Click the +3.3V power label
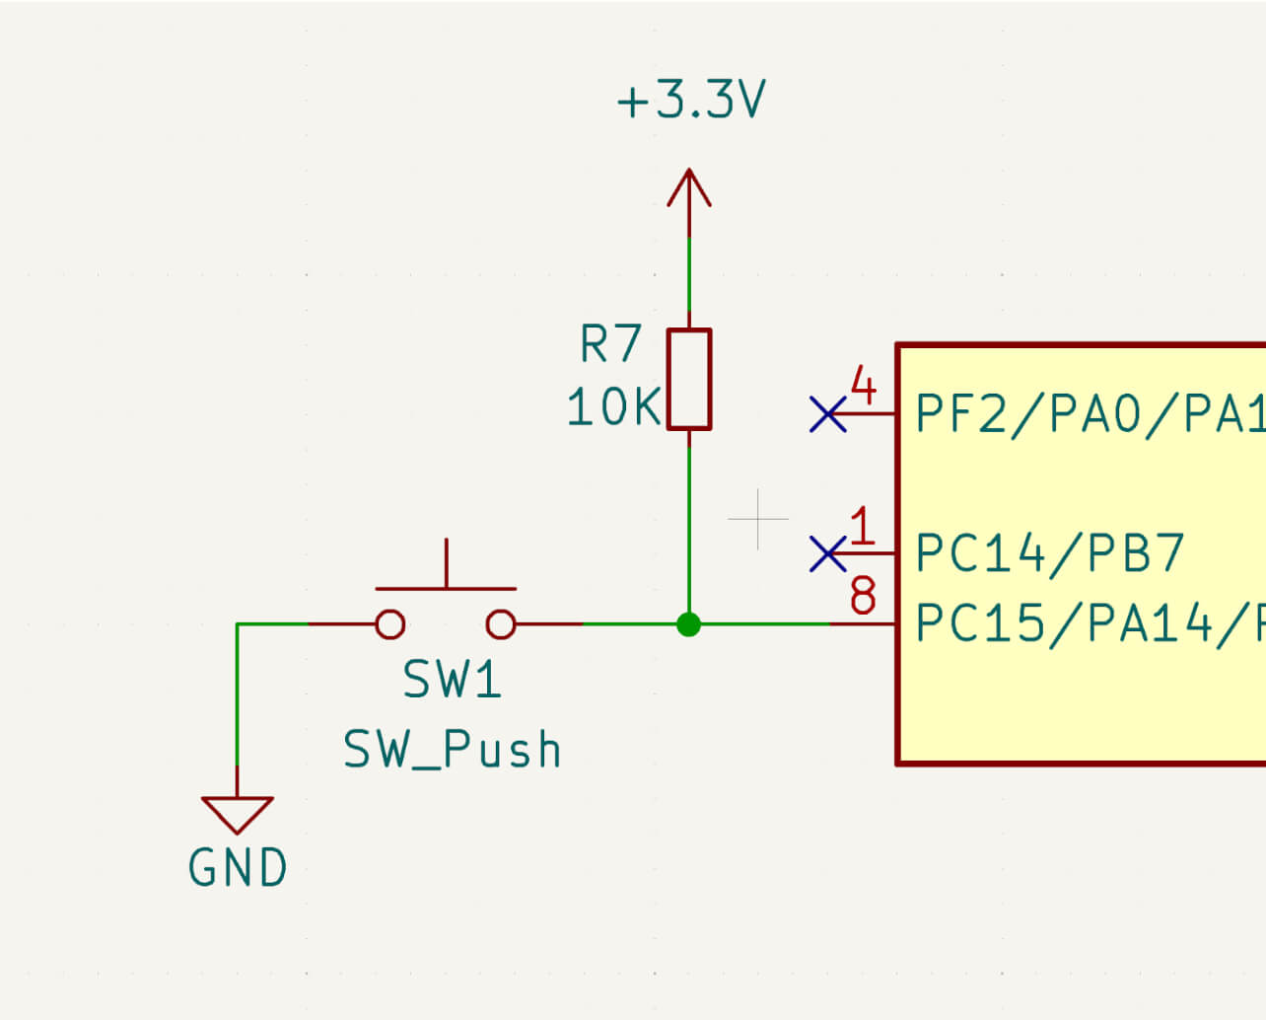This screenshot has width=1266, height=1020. click(x=690, y=101)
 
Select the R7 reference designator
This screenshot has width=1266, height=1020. click(x=610, y=344)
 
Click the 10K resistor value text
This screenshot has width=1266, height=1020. click(x=612, y=407)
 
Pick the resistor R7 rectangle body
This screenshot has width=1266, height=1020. click(x=689, y=380)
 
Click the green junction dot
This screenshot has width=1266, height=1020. click(x=689, y=624)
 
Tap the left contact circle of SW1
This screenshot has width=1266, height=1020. click(x=390, y=624)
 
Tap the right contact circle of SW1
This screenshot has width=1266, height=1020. click(x=501, y=624)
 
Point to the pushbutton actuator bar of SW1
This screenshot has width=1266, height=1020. click(x=446, y=588)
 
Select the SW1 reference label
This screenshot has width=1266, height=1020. click(x=452, y=681)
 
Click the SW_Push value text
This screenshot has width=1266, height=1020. click(x=452, y=750)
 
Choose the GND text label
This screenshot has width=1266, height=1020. click(x=238, y=869)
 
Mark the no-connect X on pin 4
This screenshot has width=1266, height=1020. click(x=827, y=414)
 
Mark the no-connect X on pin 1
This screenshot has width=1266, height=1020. click(x=827, y=554)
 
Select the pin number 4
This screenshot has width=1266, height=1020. click(x=863, y=387)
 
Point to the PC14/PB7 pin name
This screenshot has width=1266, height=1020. click(x=1049, y=553)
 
